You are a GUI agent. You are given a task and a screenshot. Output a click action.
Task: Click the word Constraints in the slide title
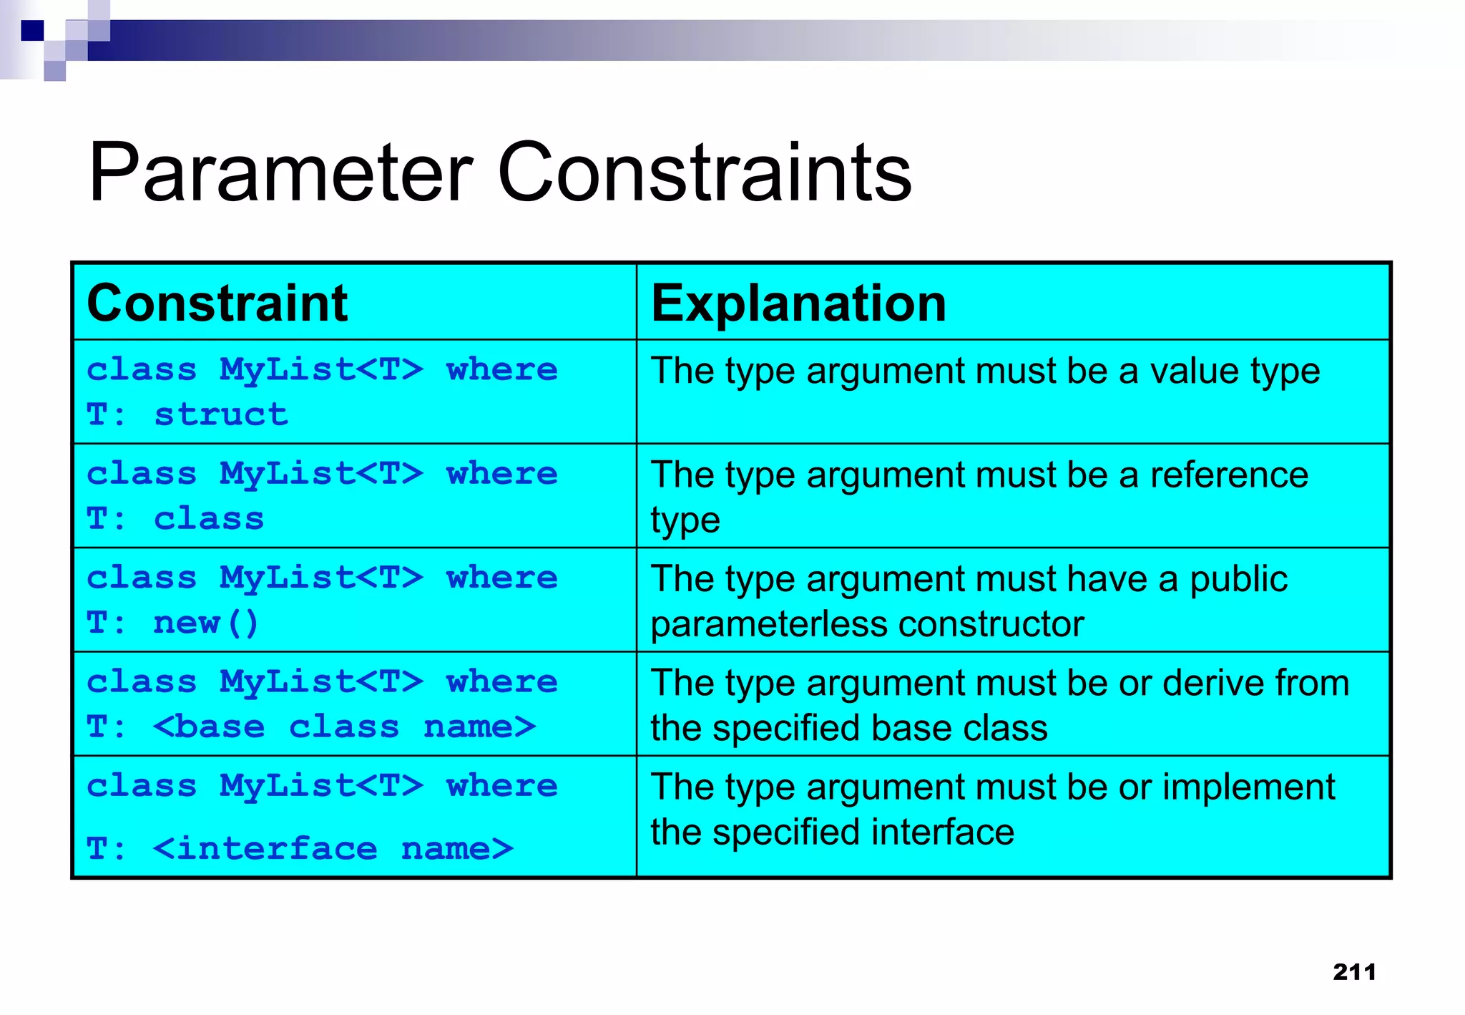pyautogui.click(x=704, y=173)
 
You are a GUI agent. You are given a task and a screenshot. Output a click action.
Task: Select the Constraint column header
pyautogui.click(x=217, y=303)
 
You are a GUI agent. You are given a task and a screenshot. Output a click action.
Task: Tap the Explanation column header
pyautogui.click(x=798, y=303)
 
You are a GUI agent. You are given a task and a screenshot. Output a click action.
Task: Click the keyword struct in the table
pyautogui.click(x=221, y=415)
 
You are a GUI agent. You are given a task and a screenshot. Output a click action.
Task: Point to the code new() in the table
pyautogui.click(x=205, y=623)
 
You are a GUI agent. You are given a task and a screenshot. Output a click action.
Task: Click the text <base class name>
pyautogui.click(x=344, y=727)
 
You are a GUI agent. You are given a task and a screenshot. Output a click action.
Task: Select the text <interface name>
pyautogui.click(x=333, y=849)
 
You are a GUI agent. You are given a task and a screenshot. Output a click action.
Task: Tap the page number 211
pyautogui.click(x=1354, y=971)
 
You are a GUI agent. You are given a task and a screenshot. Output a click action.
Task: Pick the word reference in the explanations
pyautogui.click(x=1228, y=475)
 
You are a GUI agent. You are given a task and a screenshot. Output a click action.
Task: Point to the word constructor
pyautogui.click(x=991, y=624)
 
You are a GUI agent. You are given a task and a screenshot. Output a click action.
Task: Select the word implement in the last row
pyautogui.click(x=1248, y=787)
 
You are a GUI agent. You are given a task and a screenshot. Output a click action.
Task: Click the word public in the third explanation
pyautogui.click(x=1238, y=579)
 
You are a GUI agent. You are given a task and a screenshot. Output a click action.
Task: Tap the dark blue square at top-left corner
pyautogui.click(x=32, y=31)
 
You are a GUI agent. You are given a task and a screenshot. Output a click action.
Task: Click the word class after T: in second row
pyautogui.click(x=209, y=519)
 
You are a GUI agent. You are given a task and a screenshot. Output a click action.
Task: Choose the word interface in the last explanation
pyautogui.click(x=942, y=832)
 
